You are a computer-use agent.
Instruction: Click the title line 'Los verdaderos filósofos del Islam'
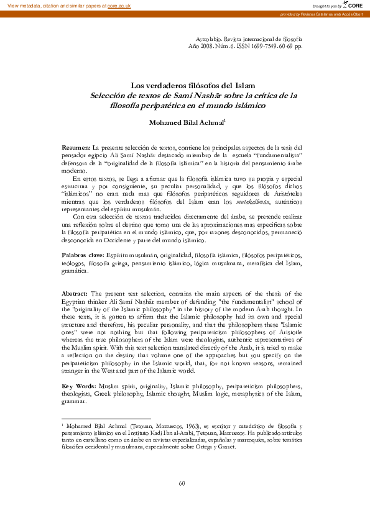click(x=184, y=86)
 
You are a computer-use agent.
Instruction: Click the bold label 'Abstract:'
click(x=76, y=293)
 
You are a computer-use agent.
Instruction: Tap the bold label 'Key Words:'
click(x=79, y=386)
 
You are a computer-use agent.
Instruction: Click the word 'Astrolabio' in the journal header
click(x=210, y=39)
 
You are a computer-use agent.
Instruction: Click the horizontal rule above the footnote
click(x=106, y=418)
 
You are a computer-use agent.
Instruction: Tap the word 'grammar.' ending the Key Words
click(x=74, y=401)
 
